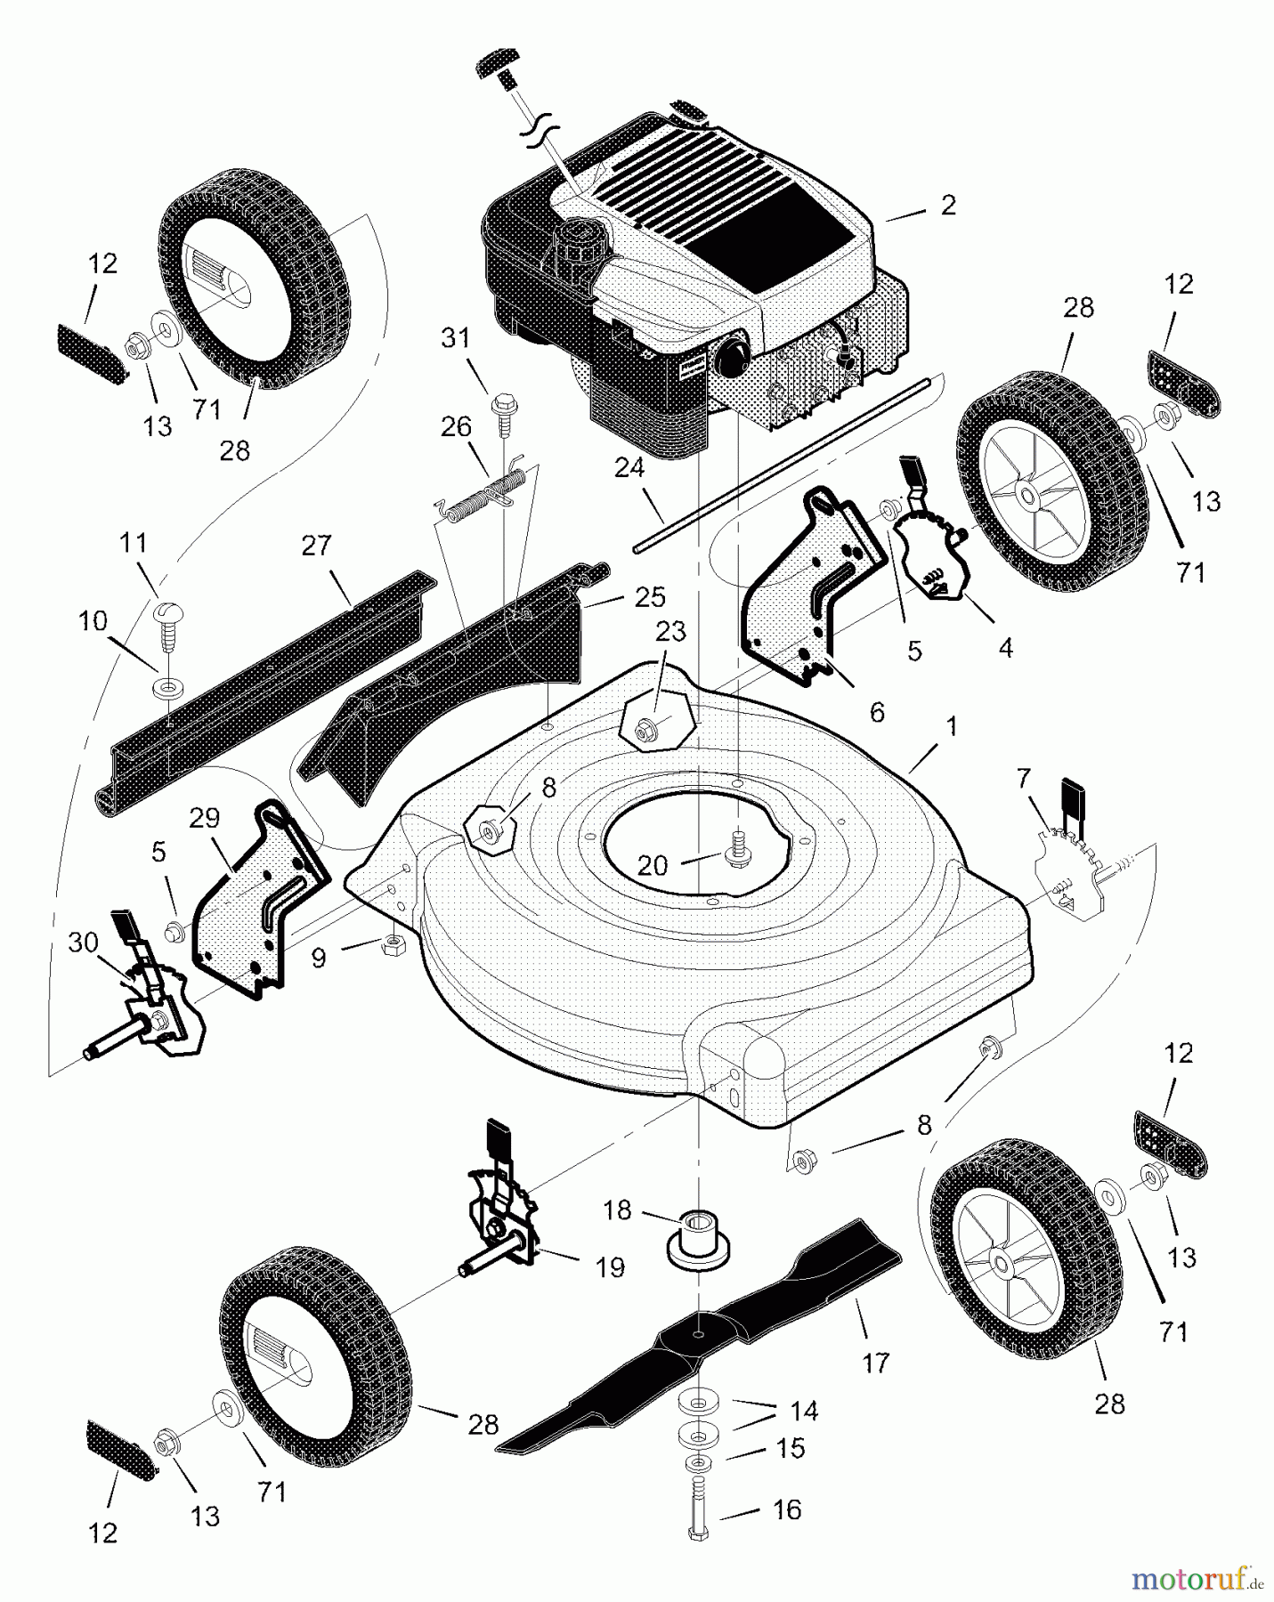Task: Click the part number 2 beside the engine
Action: pos(948,206)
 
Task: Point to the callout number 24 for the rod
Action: pos(629,468)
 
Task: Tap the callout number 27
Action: pos(316,546)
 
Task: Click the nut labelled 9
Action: pos(390,945)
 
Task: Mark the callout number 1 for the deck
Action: pos(952,727)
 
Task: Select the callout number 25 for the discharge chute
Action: pos(650,597)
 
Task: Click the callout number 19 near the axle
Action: pos(610,1267)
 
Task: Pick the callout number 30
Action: pos(84,943)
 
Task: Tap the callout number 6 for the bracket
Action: pos(877,712)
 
